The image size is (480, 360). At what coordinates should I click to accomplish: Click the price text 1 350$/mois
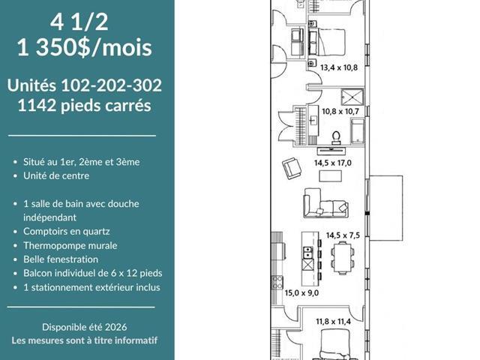click(85, 48)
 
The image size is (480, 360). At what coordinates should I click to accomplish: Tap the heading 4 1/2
click(79, 22)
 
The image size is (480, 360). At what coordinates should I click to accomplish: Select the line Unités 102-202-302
click(85, 85)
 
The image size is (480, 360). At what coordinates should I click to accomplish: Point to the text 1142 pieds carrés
click(85, 106)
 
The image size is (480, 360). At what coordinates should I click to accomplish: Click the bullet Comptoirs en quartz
click(67, 232)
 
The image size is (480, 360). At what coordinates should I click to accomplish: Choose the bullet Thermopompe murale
click(70, 245)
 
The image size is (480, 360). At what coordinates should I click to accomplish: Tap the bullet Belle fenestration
click(61, 259)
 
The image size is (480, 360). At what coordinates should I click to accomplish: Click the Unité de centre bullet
click(56, 175)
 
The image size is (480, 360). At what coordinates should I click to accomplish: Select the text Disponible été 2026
click(85, 327)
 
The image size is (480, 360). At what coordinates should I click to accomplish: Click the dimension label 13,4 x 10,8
click(339, 67)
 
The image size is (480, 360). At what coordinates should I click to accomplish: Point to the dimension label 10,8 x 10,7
click(340, 111)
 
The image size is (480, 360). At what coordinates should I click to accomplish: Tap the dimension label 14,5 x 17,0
click(333, 163)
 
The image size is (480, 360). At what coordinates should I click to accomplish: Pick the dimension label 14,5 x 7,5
click(343, 235)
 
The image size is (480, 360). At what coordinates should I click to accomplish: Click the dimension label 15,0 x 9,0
click(301, 293)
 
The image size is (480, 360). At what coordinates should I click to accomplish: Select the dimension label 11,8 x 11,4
click(333, 322)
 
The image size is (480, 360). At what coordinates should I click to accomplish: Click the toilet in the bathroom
click(336, 138)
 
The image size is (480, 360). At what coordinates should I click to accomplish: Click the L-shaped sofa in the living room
click(325, 203)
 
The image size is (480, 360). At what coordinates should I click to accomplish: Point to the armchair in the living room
click(292, 168)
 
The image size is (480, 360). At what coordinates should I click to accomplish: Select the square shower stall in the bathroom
click(352, 97)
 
